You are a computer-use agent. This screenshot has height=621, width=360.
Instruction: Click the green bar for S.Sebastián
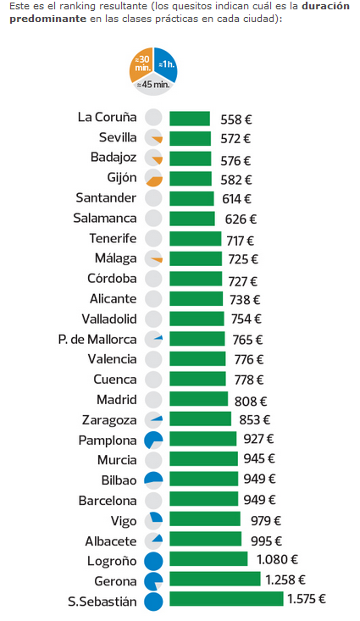coord(226,599)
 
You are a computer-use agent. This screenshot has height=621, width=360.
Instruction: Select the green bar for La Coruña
coord(190,119)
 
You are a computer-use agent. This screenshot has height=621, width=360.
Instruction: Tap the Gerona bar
coord(214,579)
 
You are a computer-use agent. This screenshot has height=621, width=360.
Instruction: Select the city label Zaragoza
coord(109,420)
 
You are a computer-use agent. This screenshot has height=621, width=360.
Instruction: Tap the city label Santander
coord(106,198)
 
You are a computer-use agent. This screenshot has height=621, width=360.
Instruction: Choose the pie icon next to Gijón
coord(153,178)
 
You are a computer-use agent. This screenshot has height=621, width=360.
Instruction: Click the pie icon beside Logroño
coord(153,560)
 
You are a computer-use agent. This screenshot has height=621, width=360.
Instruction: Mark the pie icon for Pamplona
coord(153,440)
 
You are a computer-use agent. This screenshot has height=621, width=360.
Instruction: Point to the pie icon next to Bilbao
coord(153,480)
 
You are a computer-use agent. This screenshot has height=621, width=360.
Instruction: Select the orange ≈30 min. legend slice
coord(141,64)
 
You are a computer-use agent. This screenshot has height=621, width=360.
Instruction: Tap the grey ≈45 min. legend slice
coord(153,84)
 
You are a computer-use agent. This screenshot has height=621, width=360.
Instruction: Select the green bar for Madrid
coord(198,400)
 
